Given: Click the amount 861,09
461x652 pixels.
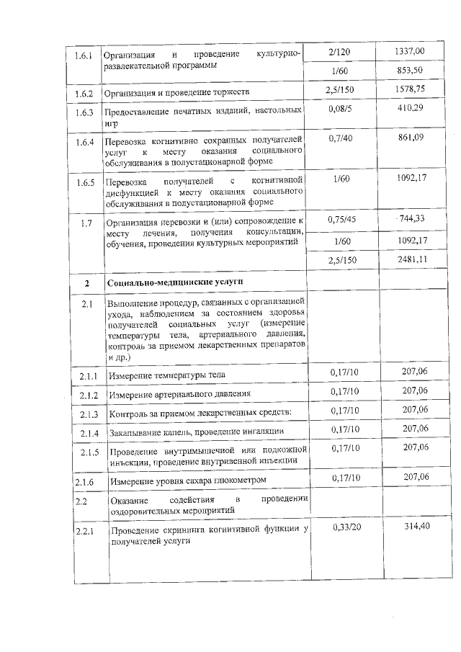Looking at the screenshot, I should pyautogui.click(x=411, y=138).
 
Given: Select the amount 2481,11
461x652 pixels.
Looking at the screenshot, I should pyautogui.click(x=411, y=259).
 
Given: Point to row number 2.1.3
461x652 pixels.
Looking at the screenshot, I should pyautogui.click(x=88, y=414).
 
